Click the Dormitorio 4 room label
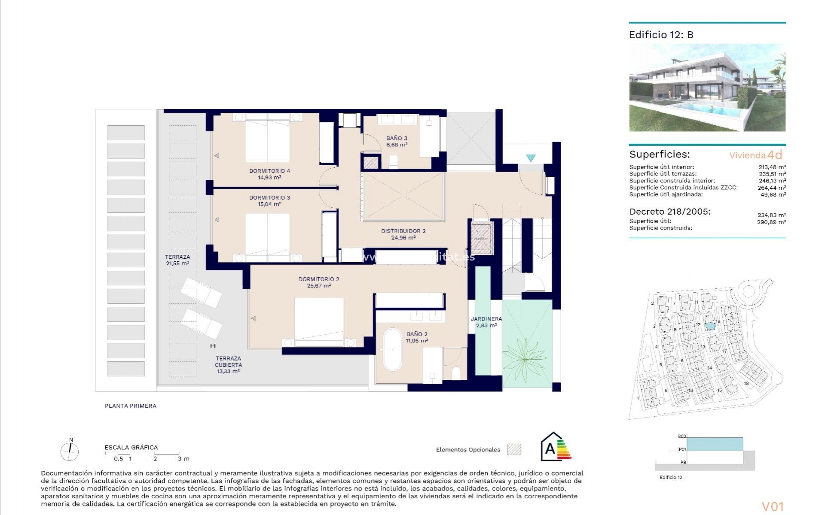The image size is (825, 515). point(269,171)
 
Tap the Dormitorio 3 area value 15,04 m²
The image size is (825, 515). point(269,204)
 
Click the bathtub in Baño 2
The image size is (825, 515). point(391,349)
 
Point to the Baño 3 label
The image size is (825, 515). point(397,138)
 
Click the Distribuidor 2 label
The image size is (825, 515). point(403,231)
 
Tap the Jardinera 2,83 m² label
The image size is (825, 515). point(486,322)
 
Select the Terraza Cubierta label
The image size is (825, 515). point(228,361)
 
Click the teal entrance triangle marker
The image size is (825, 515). point(531,158)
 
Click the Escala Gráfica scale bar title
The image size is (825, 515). point(131,447)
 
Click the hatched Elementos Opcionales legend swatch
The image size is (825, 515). point(514,449)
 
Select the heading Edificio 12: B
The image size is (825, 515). point(661,35)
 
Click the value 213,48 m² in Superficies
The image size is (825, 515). point(772,167)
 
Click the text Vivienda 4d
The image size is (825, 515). point(755,155)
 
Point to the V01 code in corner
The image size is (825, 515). point(773,506)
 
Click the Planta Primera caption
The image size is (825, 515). point(131,406)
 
